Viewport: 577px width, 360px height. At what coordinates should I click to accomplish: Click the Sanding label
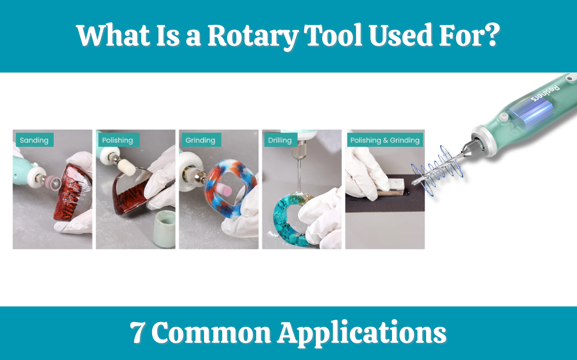34,140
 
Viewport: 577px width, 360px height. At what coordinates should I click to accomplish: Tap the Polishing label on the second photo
117,140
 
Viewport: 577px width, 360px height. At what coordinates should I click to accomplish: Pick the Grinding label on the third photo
200,140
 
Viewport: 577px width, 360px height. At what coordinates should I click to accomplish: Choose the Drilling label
280,140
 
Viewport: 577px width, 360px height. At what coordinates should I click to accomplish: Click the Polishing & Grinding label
385,140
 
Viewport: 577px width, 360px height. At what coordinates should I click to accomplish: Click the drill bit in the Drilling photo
297,172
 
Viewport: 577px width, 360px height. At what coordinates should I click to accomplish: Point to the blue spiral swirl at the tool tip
437,166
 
